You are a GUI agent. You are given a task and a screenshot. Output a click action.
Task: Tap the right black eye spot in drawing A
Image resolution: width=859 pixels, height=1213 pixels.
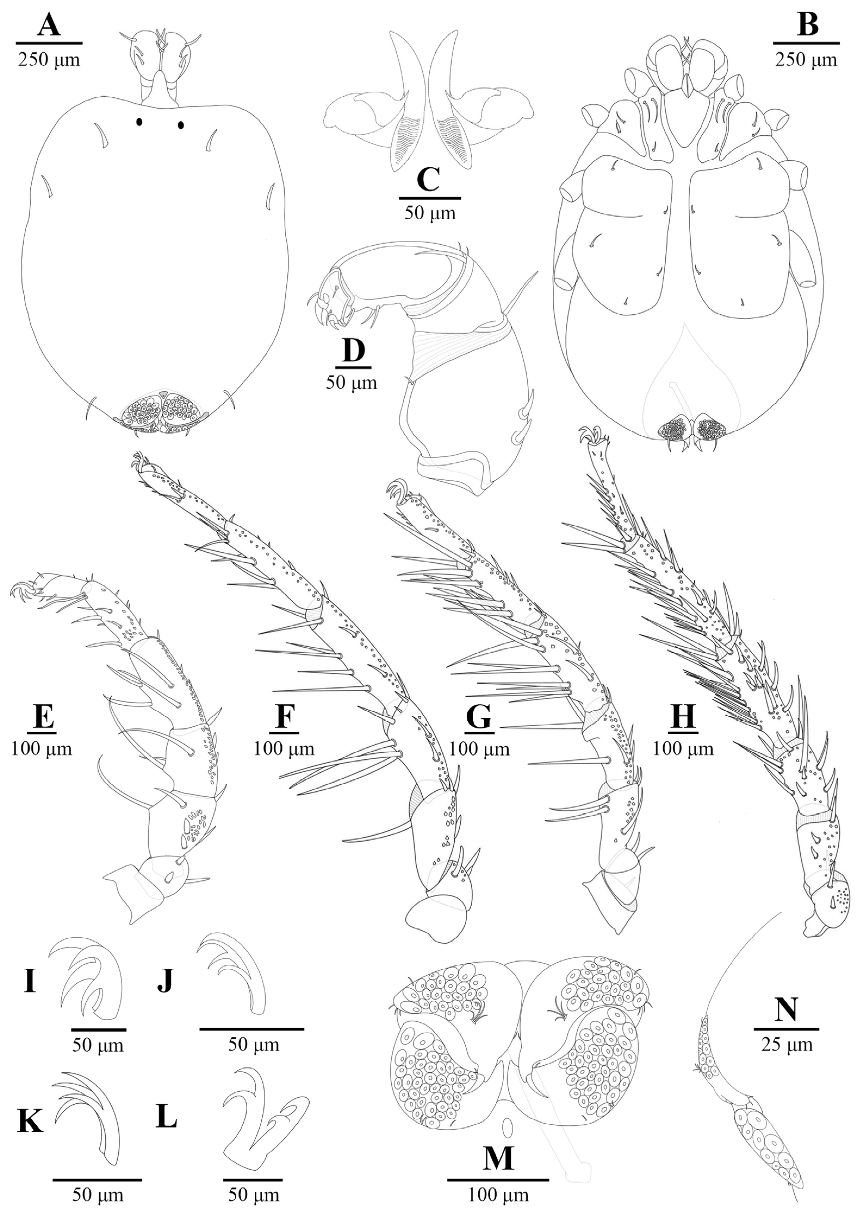pyautogui.click(x=181, y=125)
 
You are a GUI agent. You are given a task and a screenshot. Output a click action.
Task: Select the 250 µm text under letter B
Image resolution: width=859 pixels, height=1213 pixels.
pyautogui.click(x=807, y=60)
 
